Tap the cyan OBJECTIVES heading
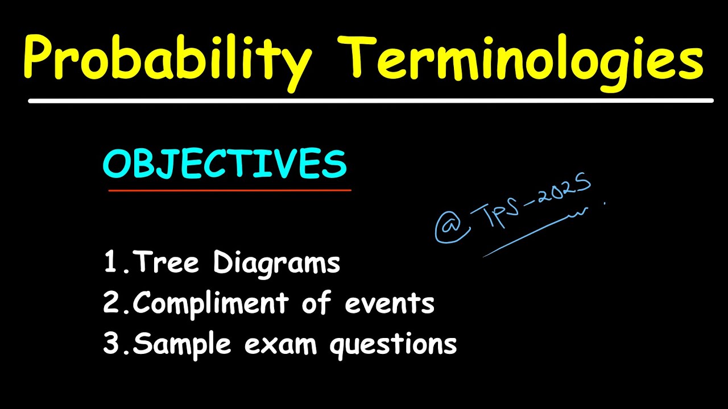coord(225,165)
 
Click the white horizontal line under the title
coord(370,101)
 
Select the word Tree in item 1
coord(168,263)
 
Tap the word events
coord(390,304)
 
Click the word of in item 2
coord(316,304)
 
